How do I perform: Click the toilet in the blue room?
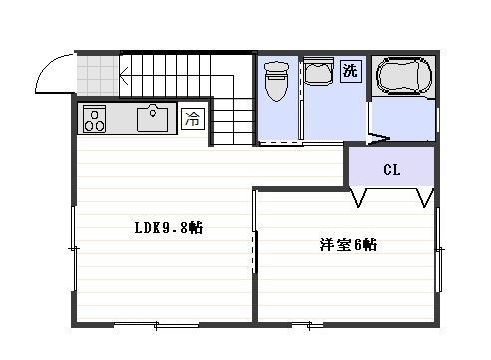(276, 81)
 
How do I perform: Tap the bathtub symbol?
(404, 76)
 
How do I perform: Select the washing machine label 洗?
(350, 70)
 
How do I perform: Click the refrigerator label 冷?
(193, 118)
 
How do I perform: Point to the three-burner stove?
(94, 119)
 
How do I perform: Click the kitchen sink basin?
(152, 118)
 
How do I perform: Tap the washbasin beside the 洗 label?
(318, 71)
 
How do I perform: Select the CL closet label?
(391, 170)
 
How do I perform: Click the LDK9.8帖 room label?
(169, 228)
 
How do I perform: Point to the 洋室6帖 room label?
(348, 245)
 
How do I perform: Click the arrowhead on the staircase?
(123, 76)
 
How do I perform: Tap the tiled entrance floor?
(98, 76)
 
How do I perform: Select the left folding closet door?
(358, 198)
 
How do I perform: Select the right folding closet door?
(425, 198)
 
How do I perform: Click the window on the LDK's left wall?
(75, 249)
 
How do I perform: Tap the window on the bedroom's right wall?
(439, 249)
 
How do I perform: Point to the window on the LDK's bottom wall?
(157, 325)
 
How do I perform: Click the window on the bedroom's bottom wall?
(308, 325)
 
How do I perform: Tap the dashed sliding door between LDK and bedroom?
(255, 252)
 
